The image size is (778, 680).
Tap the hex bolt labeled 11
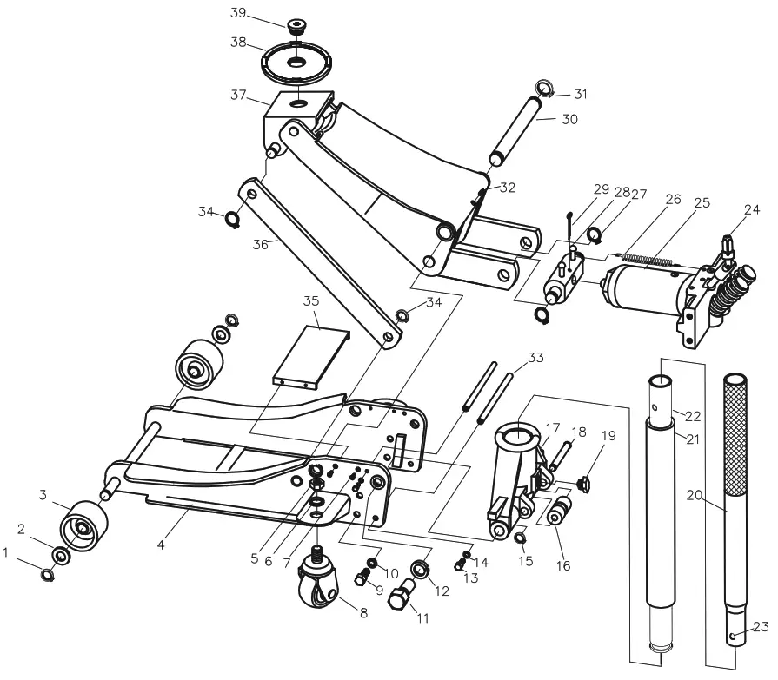click(400, 602)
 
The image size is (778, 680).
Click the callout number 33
click(535, 357)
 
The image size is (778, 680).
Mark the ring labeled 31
click(544, 89)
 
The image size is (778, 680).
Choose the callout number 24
click(751, 208)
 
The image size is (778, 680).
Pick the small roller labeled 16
click(556, 512)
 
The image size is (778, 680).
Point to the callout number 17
click(553, 426)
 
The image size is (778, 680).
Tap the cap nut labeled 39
click(297, 23)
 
